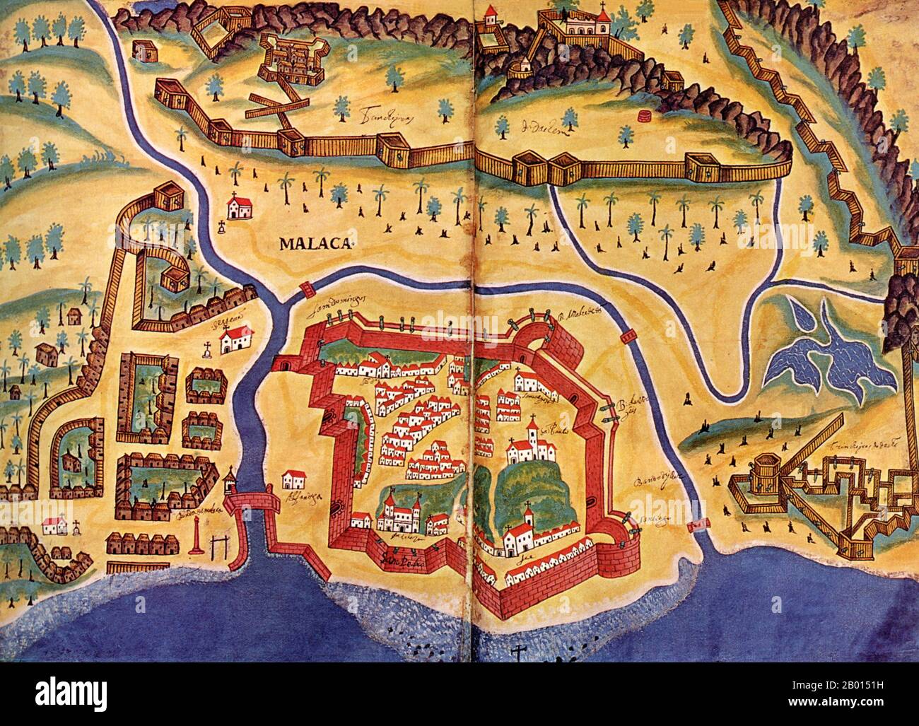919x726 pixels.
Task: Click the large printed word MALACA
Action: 315,245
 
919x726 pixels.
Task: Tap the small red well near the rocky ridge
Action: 645,115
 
